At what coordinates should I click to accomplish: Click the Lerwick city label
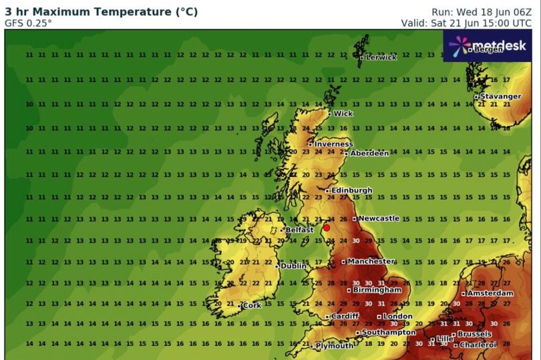(381, 57)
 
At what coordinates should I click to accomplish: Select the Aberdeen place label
(369, 153)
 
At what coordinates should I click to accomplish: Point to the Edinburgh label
(352, 190)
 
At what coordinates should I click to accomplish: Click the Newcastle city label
(379, 218)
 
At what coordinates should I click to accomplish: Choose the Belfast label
(300, 230)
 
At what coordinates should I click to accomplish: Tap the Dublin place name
(293, 266)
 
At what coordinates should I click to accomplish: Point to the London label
(398, 316)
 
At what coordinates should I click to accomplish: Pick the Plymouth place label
(335, 346)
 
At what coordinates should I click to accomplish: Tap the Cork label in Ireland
(252, 306)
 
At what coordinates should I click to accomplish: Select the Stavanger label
(500, 97)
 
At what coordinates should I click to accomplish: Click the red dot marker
(327, 227)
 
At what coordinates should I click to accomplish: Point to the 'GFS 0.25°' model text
(29, 22)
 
